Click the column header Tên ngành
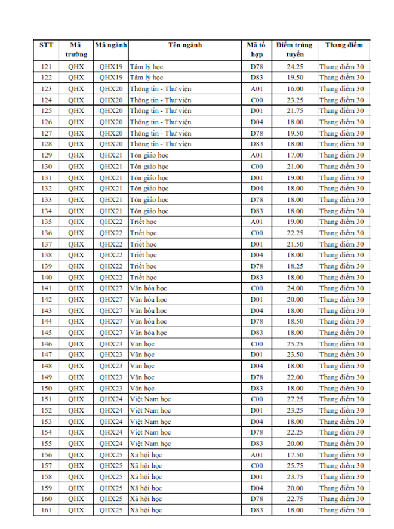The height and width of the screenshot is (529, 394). tap(185, 45)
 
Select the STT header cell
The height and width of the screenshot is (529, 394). tap(47, 45)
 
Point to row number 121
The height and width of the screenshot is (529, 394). tap(47, 66)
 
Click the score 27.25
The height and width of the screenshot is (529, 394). tap(295, 399)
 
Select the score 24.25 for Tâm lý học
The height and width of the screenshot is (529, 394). tap(295, 66)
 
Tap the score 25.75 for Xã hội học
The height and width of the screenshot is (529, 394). tap(295, 466)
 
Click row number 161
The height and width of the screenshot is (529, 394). tap(47, 510)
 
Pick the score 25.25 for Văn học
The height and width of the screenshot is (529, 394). tap(295, 344)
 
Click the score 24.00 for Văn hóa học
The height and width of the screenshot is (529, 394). tap(295, 288)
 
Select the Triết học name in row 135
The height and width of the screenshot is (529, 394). tap(143, 222)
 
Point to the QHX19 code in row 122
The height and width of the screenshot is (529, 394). tap(111, 78)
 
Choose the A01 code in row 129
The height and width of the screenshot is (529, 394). tap(257, 155)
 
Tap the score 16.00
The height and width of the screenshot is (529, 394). tap(295, 88)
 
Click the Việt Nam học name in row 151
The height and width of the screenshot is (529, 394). tap(150, 399)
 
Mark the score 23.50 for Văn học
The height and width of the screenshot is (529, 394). tap(295, 355)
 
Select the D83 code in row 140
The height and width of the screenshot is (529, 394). tap(257, 277)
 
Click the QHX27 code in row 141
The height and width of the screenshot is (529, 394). tap(111, 288)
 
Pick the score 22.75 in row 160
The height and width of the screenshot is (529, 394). tap(295, 499)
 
